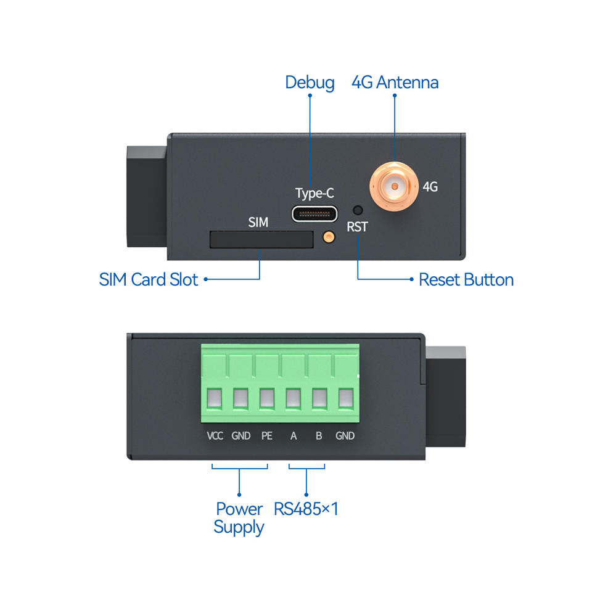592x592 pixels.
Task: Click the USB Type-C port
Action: (x=315, y=214)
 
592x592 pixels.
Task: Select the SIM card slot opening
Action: (x=261, y=239)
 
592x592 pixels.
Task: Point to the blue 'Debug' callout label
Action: (x=310, y=82)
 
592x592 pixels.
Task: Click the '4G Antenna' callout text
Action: (x=395, y=82)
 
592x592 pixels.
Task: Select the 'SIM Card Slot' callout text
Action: (x=149, y=279)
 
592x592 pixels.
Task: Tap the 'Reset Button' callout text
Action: (x=466, y=279)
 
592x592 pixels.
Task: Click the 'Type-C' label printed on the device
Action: (x=314, y=193)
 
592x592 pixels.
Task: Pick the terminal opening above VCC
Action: (x=214, y=398)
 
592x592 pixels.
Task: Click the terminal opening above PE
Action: (x=267, y=398)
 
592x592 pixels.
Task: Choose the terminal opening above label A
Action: (x=294, y=398)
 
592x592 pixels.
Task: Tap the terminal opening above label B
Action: (x=319, y=398)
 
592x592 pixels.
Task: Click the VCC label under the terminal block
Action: (x=215, y=436)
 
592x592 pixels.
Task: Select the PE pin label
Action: (x=266, y=436)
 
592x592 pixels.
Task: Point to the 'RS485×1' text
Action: (x=306, y=509)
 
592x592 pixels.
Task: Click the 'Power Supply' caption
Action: (x=239, y=518)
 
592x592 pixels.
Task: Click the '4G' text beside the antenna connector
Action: (x=430, y=186)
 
